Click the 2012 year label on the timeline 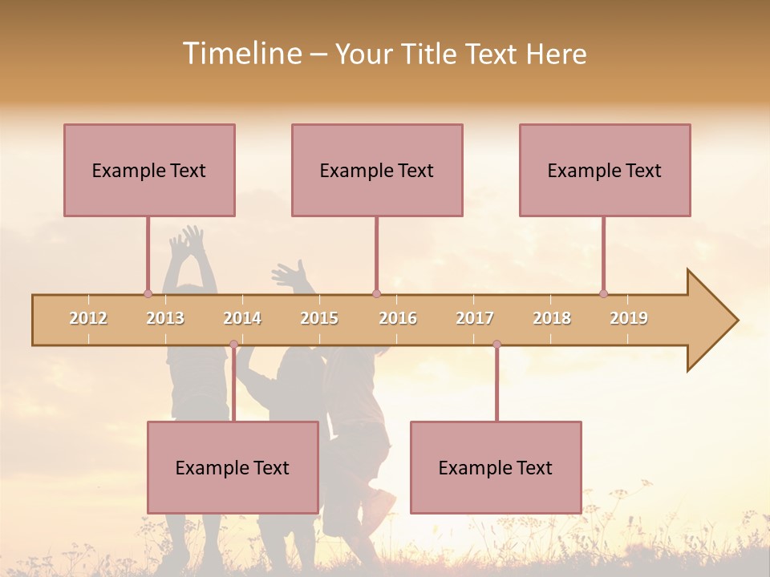88,318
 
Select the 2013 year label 165,318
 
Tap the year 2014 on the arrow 242,318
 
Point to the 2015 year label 319,318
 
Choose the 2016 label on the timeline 398,318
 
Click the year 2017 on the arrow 475,318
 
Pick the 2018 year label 552,318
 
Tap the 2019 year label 629,318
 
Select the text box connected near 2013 149,170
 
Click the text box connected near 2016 377,170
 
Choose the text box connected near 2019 605,170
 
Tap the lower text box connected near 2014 233,467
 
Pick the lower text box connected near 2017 496,467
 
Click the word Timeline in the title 241,54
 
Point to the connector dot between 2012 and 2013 148,294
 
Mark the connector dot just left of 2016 376,294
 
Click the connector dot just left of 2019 603,294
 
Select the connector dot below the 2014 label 233,345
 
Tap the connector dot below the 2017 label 496,345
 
